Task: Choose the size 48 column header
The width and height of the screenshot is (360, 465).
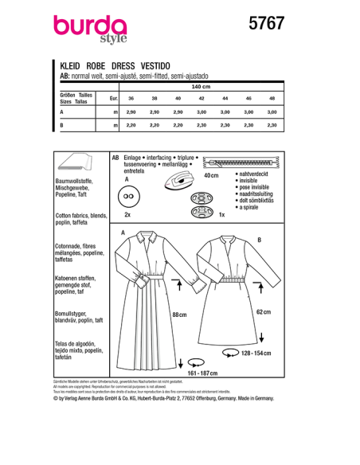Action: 272,98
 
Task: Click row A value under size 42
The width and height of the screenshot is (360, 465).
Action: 202,111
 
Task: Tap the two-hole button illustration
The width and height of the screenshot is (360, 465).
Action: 131,196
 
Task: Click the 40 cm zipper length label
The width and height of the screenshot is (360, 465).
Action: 211,175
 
